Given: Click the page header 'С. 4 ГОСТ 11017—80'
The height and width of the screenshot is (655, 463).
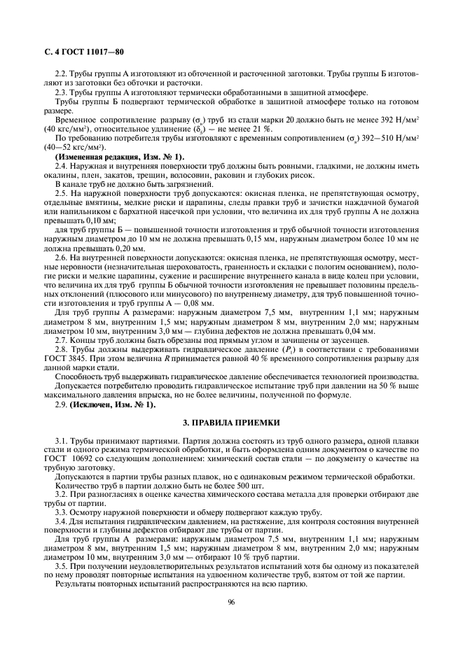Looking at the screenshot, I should [76, 52].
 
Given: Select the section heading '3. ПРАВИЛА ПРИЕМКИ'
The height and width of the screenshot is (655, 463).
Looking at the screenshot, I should [231, 422].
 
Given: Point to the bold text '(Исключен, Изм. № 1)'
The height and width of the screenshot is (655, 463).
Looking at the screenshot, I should [113, 404].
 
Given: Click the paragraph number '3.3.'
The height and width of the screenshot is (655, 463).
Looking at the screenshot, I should [62, 512].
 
